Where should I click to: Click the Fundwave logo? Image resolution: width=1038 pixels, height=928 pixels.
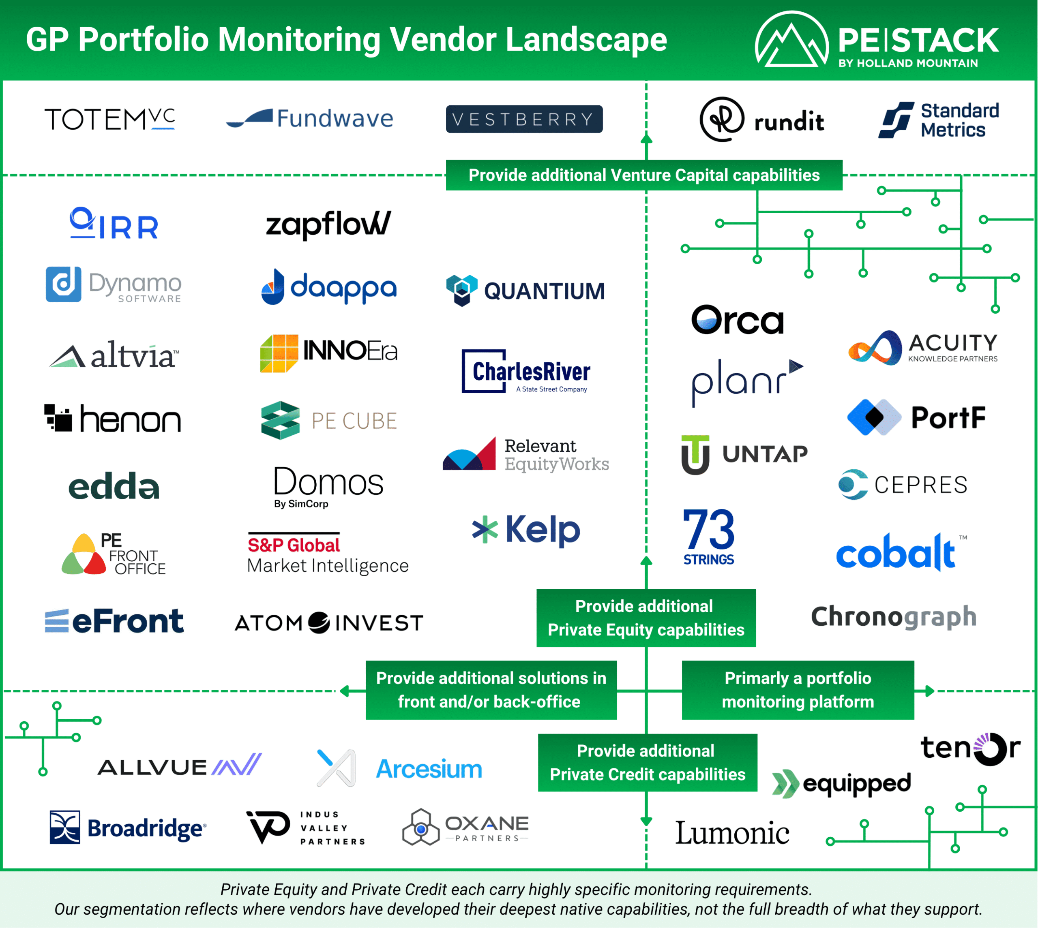click(x=310, y=118)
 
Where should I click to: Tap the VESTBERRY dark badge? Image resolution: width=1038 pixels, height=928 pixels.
click(x=524, y=119)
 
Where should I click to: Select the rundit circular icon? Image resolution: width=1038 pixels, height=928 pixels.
click(x=721, y=119)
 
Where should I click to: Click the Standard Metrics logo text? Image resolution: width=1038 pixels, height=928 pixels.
click(x=959, y=120)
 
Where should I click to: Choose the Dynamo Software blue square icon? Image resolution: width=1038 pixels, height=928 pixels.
click(x=63, y=284)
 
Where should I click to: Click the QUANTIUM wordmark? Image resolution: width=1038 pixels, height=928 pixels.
click(x=544, y=291)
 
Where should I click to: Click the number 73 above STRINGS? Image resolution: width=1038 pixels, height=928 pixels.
click(x=708, y=530)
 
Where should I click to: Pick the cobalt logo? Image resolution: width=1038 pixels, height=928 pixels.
click(x=895, y=553)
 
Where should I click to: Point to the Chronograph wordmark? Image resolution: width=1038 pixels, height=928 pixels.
click(x=894, y=617)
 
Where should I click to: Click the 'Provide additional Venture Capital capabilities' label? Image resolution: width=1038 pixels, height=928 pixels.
click(x=644, y=175)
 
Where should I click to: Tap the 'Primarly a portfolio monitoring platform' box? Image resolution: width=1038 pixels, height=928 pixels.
click(x=797, y=690)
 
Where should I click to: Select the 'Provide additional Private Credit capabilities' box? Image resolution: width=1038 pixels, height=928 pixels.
click(x=647, y=763)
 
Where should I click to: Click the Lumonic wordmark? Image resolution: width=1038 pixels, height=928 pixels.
click(x=732, y=833)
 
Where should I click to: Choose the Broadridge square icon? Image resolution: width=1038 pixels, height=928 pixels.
click(x=65, y=827)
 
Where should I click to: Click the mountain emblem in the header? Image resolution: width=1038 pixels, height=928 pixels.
click(x=791, y=41)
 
